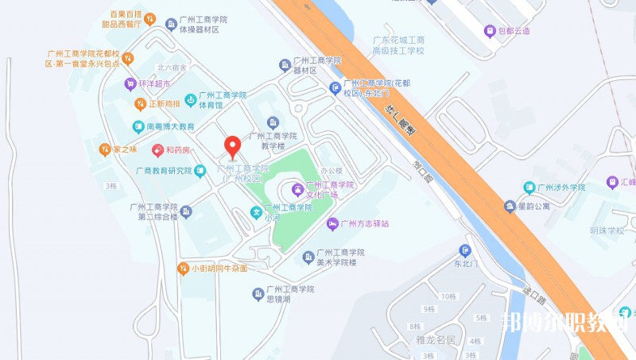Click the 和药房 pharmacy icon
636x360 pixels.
158,149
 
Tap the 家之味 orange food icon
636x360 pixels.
104,149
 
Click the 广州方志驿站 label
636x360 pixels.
363,224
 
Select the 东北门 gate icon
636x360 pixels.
466,250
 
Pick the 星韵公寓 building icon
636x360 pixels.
509,207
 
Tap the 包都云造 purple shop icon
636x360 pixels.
491,31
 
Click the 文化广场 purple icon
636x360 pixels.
297,189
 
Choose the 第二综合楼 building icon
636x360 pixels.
186,211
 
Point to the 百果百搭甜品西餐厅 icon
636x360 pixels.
150,19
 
